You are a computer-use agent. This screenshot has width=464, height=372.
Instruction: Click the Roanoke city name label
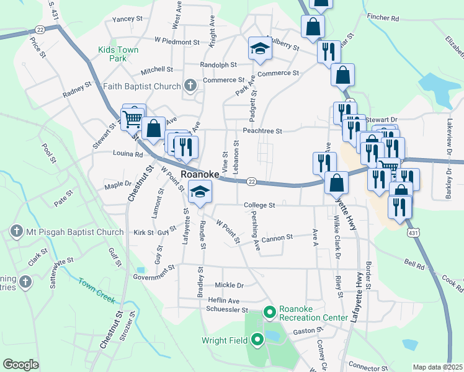click(x=200, y=174)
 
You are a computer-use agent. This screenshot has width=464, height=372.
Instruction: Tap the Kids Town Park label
click(x=118, y=54)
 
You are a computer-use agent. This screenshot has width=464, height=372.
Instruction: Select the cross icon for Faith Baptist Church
click(x=190, y=86)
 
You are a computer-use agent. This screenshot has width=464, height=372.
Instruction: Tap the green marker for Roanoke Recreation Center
click(x=270, y=312)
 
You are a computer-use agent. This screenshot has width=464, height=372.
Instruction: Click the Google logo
click(x=20, y=365)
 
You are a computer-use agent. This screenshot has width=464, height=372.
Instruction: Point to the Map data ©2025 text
click(x=437, y=367)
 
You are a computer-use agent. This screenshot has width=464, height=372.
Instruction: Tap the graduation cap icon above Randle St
click(x=200, y=193)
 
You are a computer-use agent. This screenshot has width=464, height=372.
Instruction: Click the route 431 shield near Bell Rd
click(x=413, y=231)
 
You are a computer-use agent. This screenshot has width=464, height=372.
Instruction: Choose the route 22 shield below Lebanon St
click(x=251, y=181)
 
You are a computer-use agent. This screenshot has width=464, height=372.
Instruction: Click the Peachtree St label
click(x=262, y=131)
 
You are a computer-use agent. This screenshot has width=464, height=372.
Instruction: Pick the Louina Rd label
click(x=128, y=153)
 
